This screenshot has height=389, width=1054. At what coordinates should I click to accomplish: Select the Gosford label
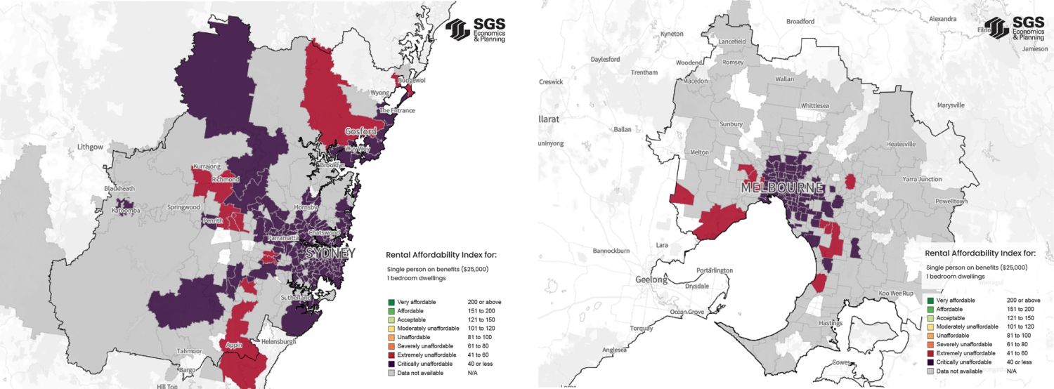click(360, 131)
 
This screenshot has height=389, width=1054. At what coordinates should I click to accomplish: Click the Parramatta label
click(282, 238)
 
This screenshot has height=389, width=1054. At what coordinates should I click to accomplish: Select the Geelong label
click(651, 279)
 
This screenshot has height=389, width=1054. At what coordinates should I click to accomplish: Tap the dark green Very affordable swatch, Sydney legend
click(391, 302)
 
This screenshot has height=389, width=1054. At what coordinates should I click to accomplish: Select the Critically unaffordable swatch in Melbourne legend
click(930, 362)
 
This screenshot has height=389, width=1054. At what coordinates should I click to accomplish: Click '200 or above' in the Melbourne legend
click(1020, 301)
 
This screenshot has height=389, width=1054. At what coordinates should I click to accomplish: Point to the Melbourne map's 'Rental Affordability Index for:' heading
click(980, 253)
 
